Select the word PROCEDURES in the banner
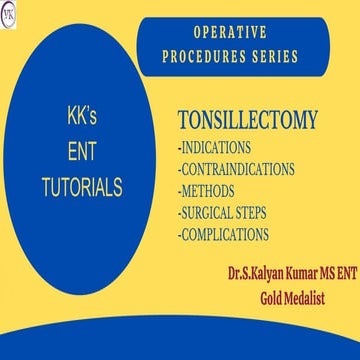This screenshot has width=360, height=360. (x=203, y=55)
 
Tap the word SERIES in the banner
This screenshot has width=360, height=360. (x=269, y=55)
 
